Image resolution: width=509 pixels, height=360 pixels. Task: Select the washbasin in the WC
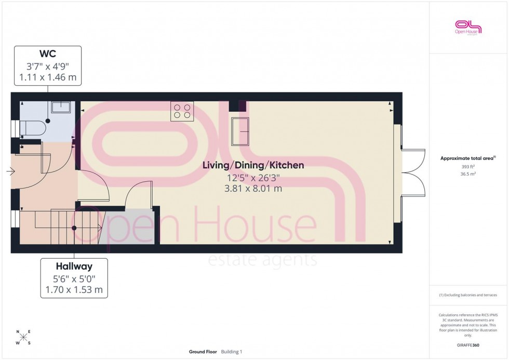(61, 108)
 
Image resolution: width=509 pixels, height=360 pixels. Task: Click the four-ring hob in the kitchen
(182, 111)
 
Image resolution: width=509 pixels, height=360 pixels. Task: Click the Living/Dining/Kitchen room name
(253, 166)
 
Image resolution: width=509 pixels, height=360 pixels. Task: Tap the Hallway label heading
(74, 266)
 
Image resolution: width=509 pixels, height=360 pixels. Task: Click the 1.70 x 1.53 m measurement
(74, 289)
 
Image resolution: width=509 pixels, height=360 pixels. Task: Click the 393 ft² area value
(468, 167)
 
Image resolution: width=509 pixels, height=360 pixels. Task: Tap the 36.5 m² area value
(468, 175)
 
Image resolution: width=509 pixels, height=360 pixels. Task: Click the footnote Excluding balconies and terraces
(468, 295)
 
